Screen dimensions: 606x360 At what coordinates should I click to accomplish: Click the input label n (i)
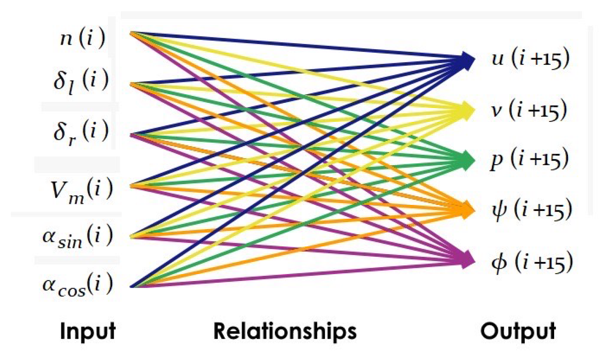coord(82,38)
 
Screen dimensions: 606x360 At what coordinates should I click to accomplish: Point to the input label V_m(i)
coord(81,190)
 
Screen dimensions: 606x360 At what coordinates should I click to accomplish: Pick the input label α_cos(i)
coord(78,285)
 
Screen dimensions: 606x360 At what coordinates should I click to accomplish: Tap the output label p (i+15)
coord(530,159)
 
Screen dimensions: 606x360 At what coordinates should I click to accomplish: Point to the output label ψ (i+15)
coord(532,210)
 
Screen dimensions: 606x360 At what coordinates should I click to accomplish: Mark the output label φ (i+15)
coord(532,262)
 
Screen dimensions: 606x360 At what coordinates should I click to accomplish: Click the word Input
coord(88,331)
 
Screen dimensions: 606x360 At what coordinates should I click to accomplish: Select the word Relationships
coord(285,331)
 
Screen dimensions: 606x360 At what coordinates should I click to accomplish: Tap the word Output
coord(518,331)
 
